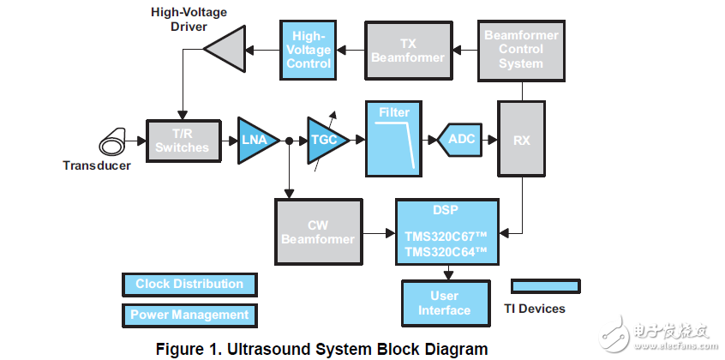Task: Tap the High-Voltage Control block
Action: [x=309, y=50]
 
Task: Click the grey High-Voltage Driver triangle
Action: [x=225, y=50]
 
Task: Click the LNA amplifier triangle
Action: [x=255, y=141]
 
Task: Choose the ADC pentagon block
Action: [x=462, y=141]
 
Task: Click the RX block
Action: [x=521, y=141]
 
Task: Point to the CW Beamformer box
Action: [x=318, y=231]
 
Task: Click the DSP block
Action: [x=446, y=231]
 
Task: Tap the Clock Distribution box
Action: [x=189, y=284]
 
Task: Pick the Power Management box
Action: [x=189, y=315]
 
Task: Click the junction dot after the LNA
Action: [x=291, y=141]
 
